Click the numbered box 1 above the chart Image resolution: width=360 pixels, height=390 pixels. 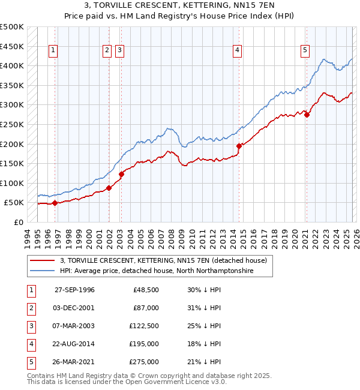click(54, 51)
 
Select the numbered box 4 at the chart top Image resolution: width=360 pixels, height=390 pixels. click(238, 51)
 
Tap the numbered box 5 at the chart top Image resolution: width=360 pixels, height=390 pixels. click(305, 51)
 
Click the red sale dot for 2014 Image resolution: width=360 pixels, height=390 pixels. click(239, 146)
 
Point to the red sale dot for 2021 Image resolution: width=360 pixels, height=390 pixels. click(307, 115)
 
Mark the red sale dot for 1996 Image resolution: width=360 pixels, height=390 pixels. click(55, 203)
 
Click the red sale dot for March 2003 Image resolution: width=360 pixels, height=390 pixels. click(121, 174)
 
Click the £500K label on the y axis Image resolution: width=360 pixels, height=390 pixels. click(12, 27)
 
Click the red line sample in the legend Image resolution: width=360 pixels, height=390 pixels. click(43, 260)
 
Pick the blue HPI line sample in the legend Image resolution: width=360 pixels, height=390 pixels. click(43, 271)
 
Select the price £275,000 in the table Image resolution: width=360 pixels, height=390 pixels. click(145, 362)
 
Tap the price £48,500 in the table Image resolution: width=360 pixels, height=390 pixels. click(146, 290)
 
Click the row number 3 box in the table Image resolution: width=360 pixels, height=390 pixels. click(30, 326)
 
